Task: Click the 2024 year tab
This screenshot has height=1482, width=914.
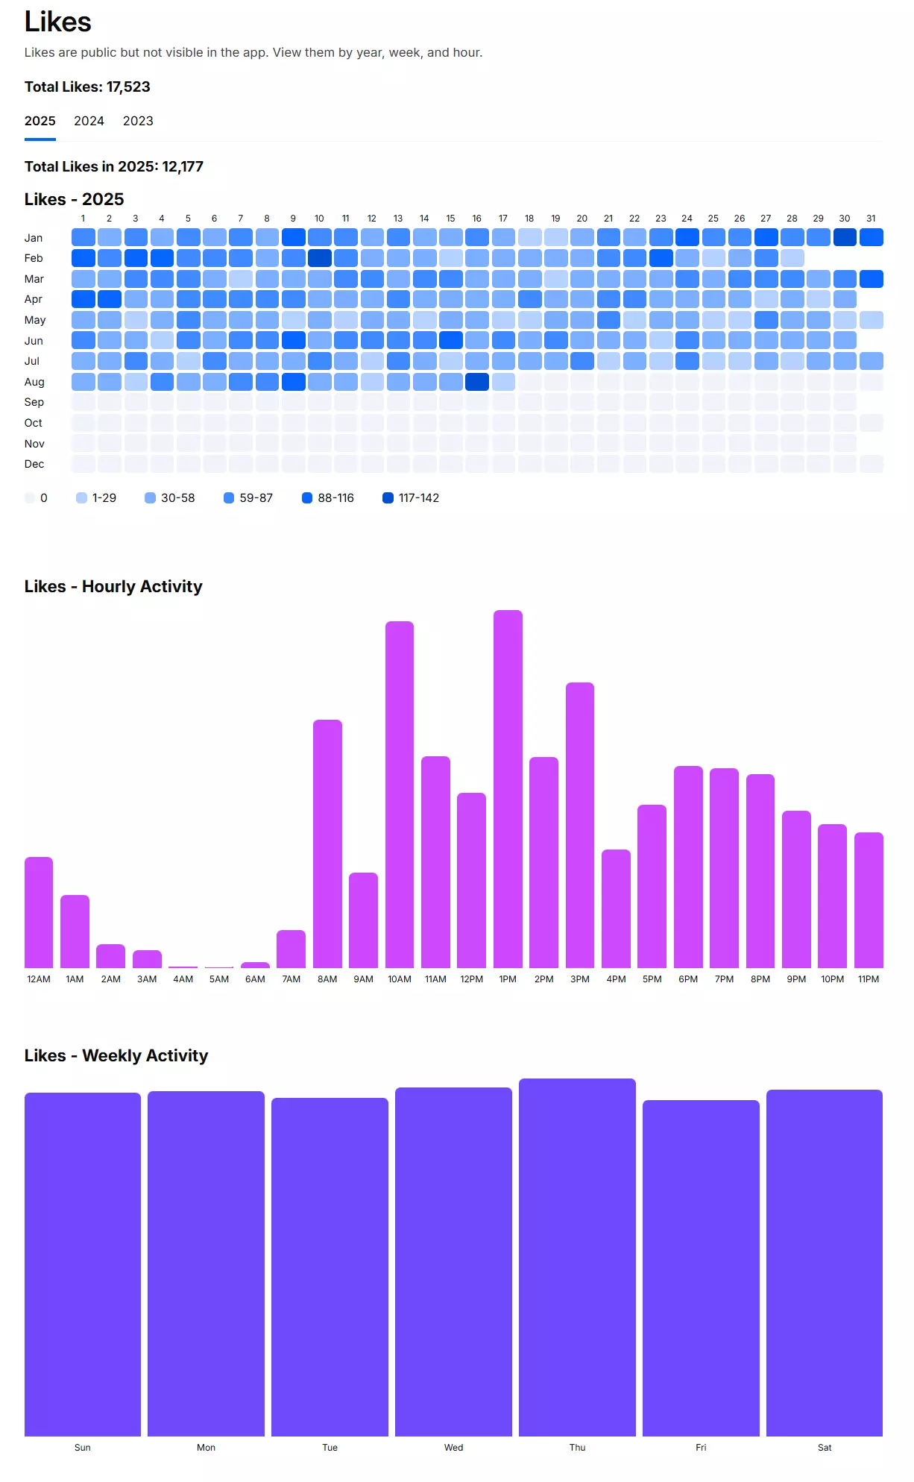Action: click(x=89, y=121)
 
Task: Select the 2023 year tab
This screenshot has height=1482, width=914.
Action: click(x=138, y=121)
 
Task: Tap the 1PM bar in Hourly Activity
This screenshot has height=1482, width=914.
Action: click(x=508, y=789)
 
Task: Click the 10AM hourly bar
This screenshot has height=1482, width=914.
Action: click(x=400, y=794)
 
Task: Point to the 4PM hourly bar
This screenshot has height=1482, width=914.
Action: click(x=616, y=908)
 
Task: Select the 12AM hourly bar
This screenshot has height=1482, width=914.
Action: click(x=39, y=912)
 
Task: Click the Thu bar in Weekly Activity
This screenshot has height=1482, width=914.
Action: click(x=577, y=1257)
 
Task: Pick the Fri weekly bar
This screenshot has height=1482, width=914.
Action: click(x=701, y=1268)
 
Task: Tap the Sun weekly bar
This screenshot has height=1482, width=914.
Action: click(x=83, y=1264)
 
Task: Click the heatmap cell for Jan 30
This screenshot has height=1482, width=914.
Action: click(x=845, y=237)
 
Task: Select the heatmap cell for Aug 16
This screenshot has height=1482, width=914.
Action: click(x=477, y=382)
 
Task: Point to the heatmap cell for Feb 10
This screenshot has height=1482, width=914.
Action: click(x=319, y=258)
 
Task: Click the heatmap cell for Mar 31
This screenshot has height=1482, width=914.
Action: click(x=871, y=279)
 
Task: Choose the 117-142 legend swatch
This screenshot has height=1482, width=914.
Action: click(x=388, y=498)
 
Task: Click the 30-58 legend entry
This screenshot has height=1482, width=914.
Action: click(x=170, y=498)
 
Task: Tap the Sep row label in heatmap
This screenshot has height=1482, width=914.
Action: click(x=34, y=402)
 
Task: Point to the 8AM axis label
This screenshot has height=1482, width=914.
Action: click(x=327, y=979)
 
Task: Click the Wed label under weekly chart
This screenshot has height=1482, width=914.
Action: click(x=453, y=1448)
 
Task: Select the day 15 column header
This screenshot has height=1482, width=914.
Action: click(x=450, y=219)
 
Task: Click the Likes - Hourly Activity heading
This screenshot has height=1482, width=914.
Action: click(x=113, y=587)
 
